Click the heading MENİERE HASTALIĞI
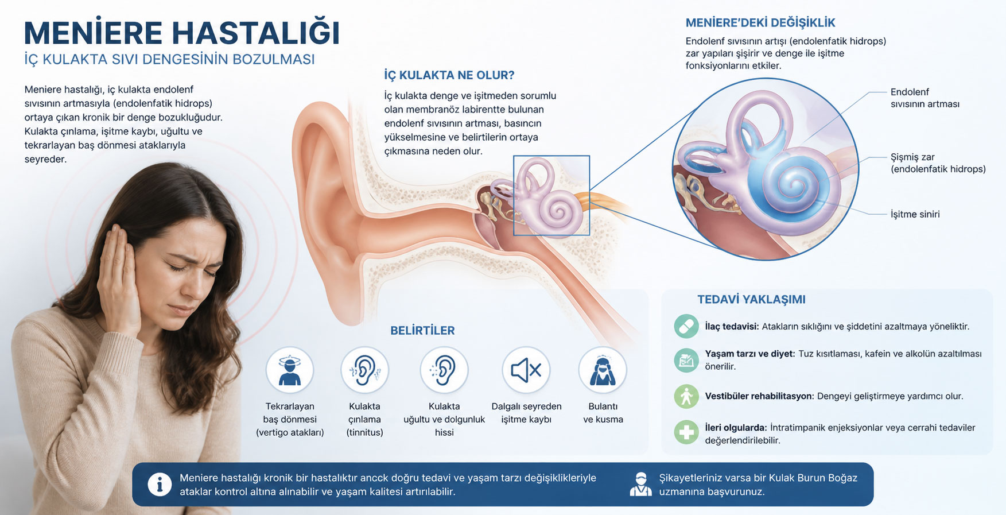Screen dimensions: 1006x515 point(182,33)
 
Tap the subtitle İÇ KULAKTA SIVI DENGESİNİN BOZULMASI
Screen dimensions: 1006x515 point(169,59)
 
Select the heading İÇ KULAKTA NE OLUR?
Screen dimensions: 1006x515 point(449,75)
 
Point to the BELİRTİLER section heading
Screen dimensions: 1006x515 point(422,331)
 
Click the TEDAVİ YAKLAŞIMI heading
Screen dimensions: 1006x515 point(751,300)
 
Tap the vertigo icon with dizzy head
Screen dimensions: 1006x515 point(290,370)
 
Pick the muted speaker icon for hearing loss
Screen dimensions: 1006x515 point(526,370)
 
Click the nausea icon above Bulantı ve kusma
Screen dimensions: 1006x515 point(603,370)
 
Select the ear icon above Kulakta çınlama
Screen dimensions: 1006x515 point(364,370)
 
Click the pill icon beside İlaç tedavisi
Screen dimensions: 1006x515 point(686,326)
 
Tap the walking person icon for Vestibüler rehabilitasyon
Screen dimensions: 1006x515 point(686,396)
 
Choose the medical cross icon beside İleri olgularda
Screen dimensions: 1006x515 point(686,432)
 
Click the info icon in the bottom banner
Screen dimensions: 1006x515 point(160,485)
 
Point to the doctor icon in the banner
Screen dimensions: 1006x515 point(640,485)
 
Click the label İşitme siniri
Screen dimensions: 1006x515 point(915,214)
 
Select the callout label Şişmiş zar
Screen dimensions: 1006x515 point(913,157)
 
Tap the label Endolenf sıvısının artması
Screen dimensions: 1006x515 point(925,98)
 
